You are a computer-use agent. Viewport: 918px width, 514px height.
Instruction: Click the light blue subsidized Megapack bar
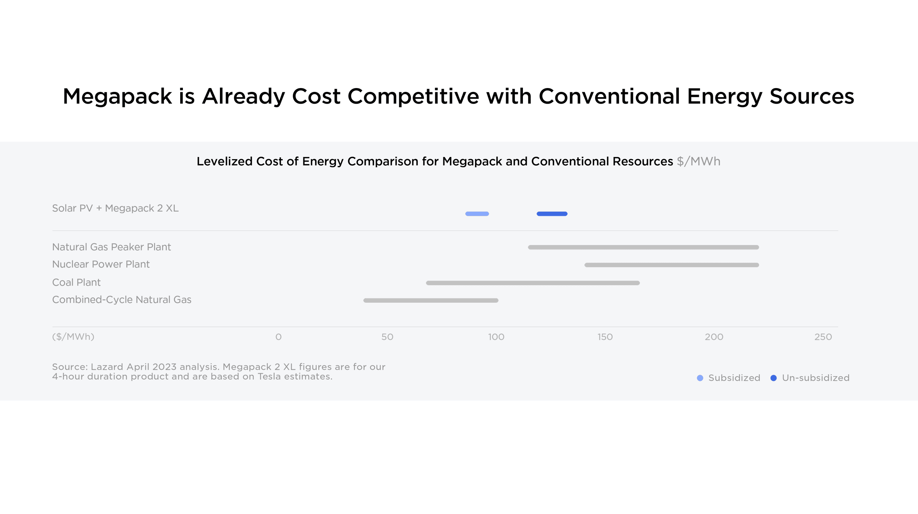(477, 214)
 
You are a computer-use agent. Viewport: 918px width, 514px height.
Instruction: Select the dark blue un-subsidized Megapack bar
(552, 214)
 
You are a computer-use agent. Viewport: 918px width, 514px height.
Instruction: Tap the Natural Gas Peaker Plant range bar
(643, 247)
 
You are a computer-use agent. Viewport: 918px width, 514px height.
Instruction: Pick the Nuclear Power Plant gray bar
(672, 265)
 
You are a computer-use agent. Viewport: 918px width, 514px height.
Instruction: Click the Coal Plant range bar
(533, 283)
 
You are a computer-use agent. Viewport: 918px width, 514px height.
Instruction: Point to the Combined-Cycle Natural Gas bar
(431, 300)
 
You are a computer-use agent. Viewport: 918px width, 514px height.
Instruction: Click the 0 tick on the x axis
(278, 337)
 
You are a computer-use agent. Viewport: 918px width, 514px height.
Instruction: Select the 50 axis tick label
(387, 337)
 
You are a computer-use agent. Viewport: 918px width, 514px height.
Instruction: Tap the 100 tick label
(496, 337)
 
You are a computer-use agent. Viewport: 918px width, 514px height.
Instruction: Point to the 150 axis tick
(605, 337)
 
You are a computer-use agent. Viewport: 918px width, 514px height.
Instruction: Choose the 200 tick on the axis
(714, 337)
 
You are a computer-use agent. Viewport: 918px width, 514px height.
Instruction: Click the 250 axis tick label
(823, 337)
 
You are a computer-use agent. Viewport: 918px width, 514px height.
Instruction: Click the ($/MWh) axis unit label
(73, 337)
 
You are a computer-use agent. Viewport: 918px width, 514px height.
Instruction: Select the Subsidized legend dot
(700, 378)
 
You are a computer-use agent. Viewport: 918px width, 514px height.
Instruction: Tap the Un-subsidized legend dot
(773, 378)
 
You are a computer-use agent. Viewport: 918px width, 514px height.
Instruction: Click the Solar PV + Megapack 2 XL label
(115, 208)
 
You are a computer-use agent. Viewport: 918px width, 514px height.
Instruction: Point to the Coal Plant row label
(76, 282)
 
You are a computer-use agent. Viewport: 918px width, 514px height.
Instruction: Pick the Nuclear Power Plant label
(101, 264)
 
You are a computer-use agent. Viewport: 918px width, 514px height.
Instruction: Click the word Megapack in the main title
(117, 96)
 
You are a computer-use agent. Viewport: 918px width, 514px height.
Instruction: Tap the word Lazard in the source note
(107, 367)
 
